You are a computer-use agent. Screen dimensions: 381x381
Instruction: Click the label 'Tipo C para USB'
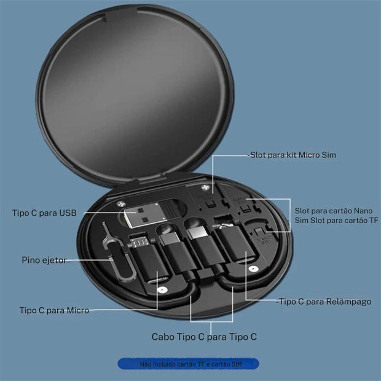point(44,213)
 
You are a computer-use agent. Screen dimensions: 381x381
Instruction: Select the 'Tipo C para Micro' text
point(54,310)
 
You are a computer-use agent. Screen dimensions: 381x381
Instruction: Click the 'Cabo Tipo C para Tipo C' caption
point(204,337)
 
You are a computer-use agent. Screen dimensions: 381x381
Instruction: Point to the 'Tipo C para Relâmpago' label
point(324,302)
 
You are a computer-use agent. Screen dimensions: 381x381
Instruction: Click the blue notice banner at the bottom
point(188,364)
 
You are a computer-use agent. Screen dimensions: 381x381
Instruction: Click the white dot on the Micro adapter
point(161,288)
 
